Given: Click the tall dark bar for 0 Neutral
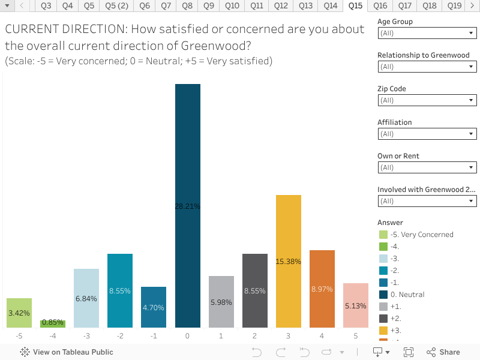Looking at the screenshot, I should (x=187, y=205).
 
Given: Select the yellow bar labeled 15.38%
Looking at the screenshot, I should (x=288, y=261).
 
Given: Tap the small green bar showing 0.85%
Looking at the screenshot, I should (x=53, y=323).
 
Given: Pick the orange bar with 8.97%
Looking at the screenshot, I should (x=322, y=289).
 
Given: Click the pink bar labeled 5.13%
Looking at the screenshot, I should (x=355, y=305).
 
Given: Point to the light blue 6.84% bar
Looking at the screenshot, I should (x=86, y=298).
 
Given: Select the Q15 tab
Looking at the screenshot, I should (x=355, y=6).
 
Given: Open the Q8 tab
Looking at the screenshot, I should (x=187, y=6).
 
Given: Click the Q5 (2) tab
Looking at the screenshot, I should (x=116, y=6).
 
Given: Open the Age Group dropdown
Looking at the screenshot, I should (x=427, y=34).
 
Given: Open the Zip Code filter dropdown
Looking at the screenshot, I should (x=427, y=101).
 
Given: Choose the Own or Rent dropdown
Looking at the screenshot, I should (x=427, y=168).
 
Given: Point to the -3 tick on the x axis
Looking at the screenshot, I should (x=86, y=336).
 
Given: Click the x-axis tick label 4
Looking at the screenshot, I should (x=322, y=336).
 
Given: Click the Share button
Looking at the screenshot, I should (x=443, y=352).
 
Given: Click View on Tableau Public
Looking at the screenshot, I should (x=67, y=352).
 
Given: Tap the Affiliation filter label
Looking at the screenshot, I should (x=395, y=122).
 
